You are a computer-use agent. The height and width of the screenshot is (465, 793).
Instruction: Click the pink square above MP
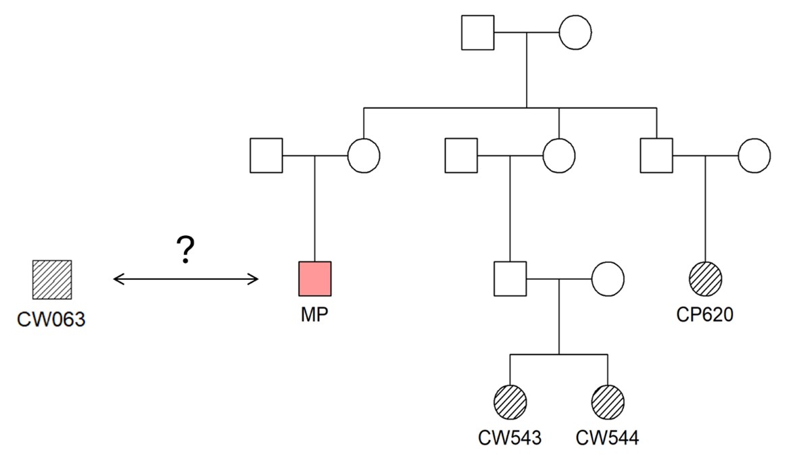pyautogui.click(x=314, y=278)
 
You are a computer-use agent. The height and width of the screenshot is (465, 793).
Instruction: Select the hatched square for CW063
pyautogui.click(x=52, y=278)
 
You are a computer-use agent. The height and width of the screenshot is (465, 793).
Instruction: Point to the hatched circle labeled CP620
pyautogui.click(x=706, y=278)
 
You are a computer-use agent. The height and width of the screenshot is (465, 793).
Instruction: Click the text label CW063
pyautogui.click(x=52, y=319)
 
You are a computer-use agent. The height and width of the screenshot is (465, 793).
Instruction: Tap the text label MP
pyautogui.click(x=314, y=316)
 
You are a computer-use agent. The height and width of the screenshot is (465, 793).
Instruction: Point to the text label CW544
pyautogui.click(x=607, y=438)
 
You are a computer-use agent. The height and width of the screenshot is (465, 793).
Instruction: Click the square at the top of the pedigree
pyautogui.click(x=477, y=32)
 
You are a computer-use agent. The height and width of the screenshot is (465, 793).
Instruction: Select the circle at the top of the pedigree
pyautogui.click(x=575, y=32)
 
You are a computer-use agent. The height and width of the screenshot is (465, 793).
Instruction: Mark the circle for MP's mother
pyautogui.click(x=364, y=155)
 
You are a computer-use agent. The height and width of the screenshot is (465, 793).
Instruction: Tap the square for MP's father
pyautogui.click(x=266, y=155)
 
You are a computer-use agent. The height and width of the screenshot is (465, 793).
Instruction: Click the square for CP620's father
pyautogui.click(x=656, y=155)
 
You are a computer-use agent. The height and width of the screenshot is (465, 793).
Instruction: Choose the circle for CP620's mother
pyautogui.click(x=754, y=155)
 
